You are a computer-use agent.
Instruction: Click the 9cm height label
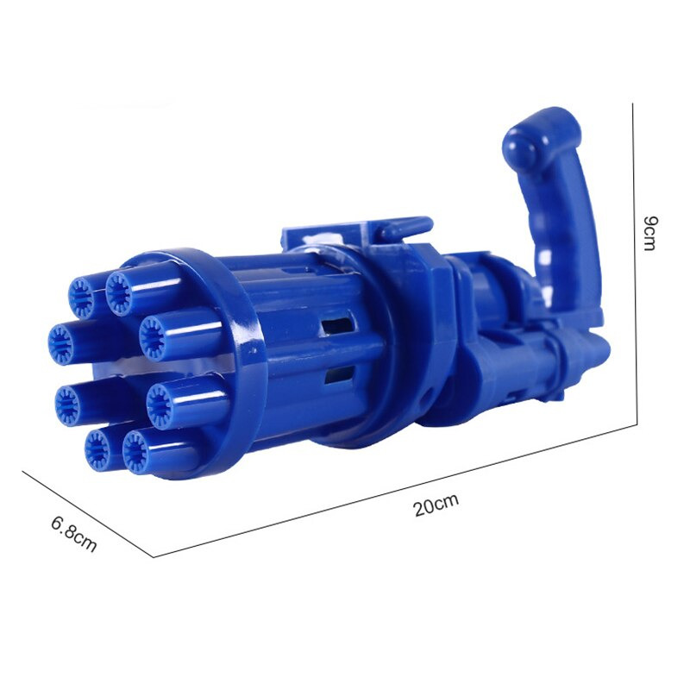tap(650, 233)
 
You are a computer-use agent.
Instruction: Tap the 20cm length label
tap(436, 505)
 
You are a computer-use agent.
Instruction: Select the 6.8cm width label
tap(73, 533)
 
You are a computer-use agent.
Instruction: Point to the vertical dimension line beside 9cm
tap(635, 264)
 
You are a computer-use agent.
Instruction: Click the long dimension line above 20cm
tap(395, 491)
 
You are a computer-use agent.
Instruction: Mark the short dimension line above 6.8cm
tap(88, 514)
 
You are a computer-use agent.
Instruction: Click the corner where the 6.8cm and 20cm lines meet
tap(154, 557)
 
